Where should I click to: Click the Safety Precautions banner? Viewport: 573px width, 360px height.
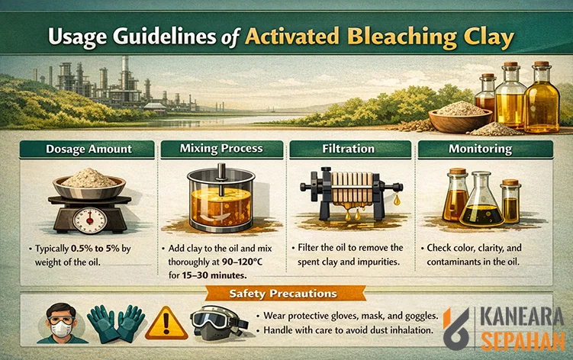point(282,293)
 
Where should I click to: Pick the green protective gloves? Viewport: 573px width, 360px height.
point(115,324)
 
